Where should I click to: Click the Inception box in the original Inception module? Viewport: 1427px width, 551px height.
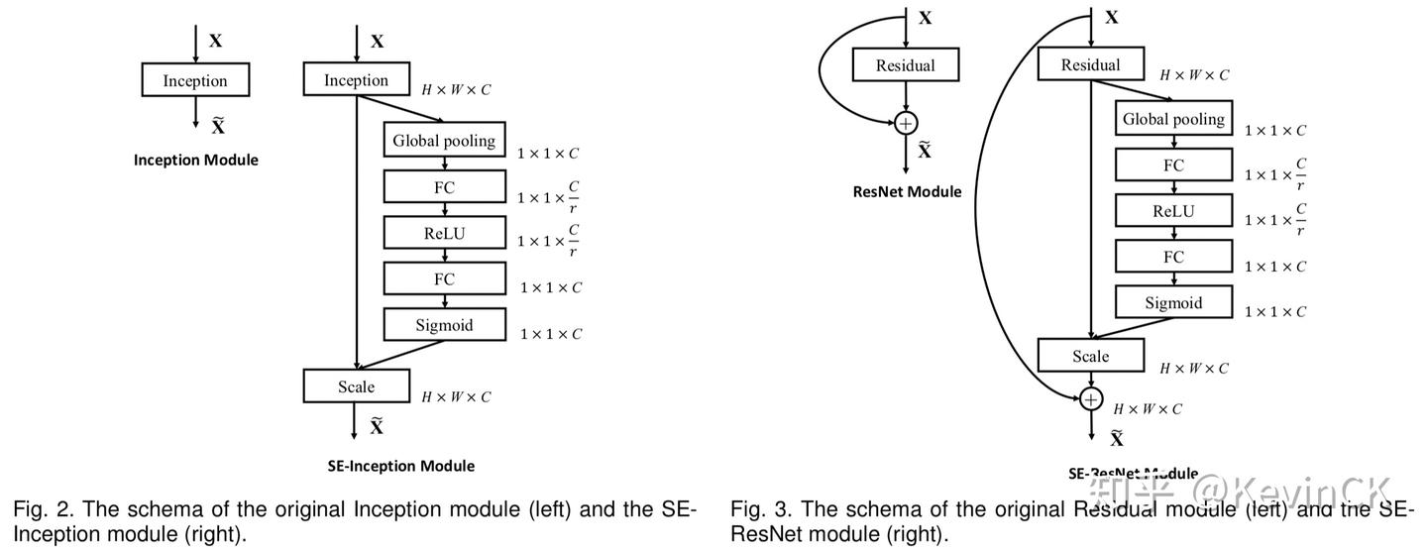(195, 80)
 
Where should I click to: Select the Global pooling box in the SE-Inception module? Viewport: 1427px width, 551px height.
(444, 140)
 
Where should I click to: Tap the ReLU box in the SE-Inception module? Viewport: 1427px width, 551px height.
(444, 233)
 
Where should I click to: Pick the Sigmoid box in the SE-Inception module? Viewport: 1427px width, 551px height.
(444, 324)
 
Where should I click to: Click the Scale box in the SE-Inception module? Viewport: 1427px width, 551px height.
(356, 386)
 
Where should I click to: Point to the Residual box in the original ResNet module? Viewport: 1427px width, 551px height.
(906, 65)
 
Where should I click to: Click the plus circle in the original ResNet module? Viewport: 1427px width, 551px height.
(906, 123)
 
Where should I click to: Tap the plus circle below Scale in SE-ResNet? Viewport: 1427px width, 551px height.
(1091, 399)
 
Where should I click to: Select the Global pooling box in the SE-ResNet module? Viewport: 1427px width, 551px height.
(1173, 119)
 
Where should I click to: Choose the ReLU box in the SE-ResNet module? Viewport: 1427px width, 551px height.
(1173, 210)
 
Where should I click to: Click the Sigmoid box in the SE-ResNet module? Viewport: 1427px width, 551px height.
(1173, 302)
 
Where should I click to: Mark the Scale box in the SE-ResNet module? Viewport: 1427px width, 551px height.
(1090, 356)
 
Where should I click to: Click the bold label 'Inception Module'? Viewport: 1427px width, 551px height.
(195, 160)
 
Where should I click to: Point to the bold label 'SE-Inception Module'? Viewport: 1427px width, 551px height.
(400, 466)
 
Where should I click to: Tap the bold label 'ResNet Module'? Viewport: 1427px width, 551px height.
(907, 191)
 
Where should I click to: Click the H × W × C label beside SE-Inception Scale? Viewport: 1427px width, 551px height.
(456, 397)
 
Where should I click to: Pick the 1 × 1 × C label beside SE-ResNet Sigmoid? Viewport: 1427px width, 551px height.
(1275, 312)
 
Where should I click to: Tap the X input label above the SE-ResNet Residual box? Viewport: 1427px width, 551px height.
(1112, 17)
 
